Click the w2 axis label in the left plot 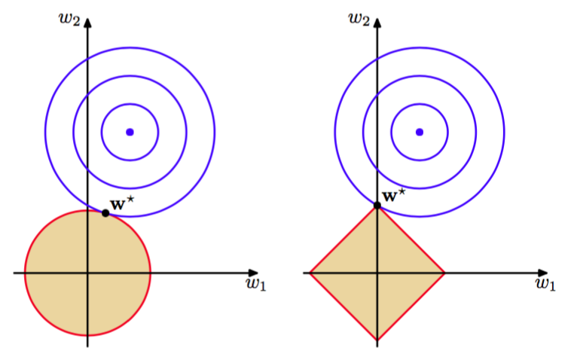(69, 19)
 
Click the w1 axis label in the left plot (256, 285)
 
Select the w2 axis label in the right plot (359, 19)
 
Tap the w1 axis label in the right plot (545, 285)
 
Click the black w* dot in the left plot (105, 213)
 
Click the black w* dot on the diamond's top (377, 206)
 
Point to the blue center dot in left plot (130, 133)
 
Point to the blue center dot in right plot (420, 133)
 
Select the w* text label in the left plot (122, 203)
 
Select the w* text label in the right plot (393, 195)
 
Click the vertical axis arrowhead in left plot (87, 23)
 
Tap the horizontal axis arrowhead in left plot (254, 273)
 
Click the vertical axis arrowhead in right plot (377, 23)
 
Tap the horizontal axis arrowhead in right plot (542, 273)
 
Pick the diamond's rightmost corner (445, 273)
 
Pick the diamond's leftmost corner (310, 273)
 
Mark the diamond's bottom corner (377, 340)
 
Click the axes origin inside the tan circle (87, 273)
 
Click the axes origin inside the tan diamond (377, 273)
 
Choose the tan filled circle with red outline (87, 273)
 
